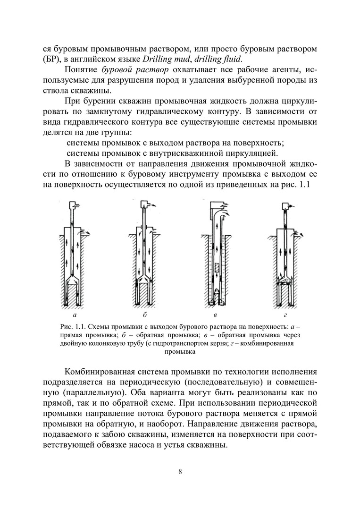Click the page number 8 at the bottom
(x=180, y=471)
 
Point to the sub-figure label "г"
(x=285, y=314)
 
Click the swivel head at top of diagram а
(x=74, y=205)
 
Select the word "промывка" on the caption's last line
(x=180, y=352)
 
